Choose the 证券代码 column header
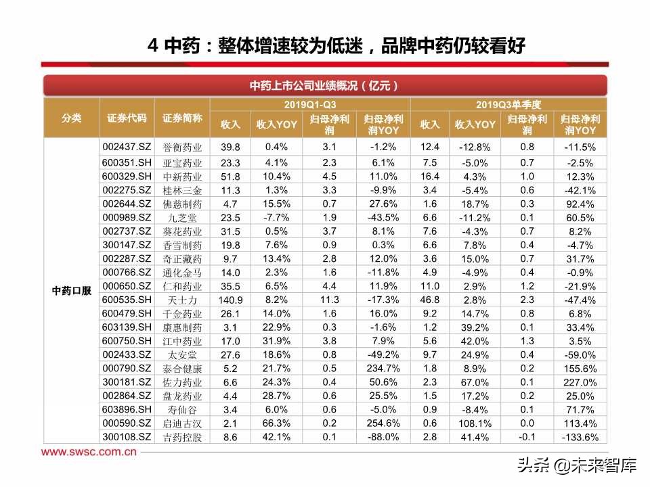pos(126,118)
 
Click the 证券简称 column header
pos(182,118)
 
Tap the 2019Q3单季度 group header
pos(508,104)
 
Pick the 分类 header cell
pos(71,118)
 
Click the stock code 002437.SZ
pos(126,146)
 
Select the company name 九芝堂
pos(182,218)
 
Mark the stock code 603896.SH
pos(126,409)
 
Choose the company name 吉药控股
pos(182,438)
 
